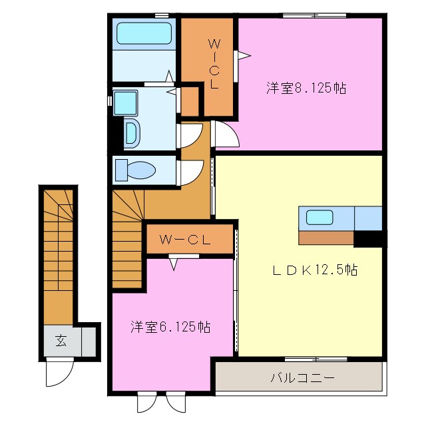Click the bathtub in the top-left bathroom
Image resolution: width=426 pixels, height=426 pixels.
click(x=144, y=34)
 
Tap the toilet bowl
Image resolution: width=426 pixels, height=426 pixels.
click(x=139, y=170)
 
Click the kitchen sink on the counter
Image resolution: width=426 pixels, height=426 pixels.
click(x=319, y=217)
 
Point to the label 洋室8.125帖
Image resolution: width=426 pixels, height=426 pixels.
click(x=306, y=87)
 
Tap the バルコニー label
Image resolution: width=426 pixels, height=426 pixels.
click(x=302, y=377)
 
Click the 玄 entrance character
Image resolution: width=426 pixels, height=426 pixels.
click(x=61, y=341)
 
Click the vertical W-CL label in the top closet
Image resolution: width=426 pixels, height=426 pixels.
click(x=214, y=65)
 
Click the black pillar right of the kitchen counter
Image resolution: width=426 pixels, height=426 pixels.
click(x=370, y=238)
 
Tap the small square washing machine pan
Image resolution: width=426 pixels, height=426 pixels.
click(x=124, y=103)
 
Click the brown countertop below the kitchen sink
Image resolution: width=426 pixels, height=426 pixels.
click(x=326, y=238)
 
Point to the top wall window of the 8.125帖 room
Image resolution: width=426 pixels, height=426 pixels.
click(x=314, y=15)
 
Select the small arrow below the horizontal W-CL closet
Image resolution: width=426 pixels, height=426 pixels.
click(x=174, y=264)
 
